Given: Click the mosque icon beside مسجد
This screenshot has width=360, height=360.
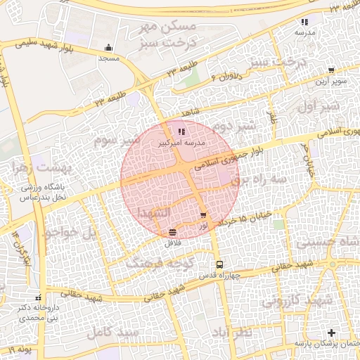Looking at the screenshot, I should (108, 48).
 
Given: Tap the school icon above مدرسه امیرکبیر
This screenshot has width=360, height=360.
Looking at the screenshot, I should (181, 131).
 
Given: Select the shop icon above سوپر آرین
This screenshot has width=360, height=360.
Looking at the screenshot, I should (330, 70).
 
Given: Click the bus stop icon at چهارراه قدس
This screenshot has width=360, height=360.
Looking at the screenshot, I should (220, 265).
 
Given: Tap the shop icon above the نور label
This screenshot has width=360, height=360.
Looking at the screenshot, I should (203, 216).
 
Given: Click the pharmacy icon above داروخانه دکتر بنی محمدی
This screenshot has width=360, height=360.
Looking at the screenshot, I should (38, 297).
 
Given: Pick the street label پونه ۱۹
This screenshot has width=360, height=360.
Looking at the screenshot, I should (22, 348).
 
